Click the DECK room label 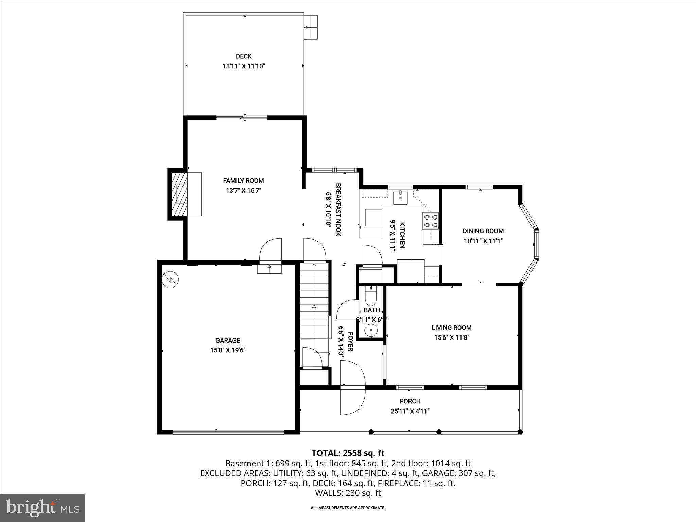244,56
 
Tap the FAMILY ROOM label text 243,181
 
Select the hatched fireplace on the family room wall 179,194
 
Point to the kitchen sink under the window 400,197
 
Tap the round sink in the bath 371,330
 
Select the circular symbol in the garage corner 170,279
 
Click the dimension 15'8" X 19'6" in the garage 228,350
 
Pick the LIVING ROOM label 451,328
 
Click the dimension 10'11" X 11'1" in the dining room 483,241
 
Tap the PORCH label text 410,401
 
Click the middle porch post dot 439,432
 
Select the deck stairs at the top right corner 311,27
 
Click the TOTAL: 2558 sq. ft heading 348,453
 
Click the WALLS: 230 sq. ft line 348,493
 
